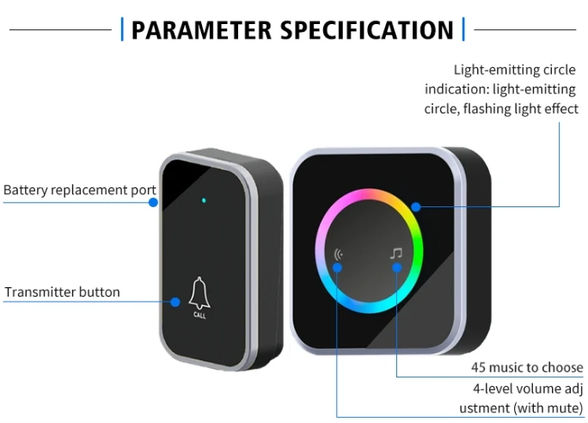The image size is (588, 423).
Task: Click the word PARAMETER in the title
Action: coord(201,30)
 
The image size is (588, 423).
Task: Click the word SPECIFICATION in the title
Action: coord(368,30)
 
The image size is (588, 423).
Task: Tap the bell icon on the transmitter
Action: coord(199,294)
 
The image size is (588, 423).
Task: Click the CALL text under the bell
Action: coord(199,315)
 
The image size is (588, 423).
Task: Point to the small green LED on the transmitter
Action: coord(204,200)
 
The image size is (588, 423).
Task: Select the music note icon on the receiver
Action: coord(396,254)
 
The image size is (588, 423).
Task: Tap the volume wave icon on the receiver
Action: coord(338,254)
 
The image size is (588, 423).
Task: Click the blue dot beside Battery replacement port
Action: coord(153,203)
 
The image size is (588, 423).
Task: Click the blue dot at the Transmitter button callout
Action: coord(175,302)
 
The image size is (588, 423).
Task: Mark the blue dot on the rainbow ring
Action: coord(415,206)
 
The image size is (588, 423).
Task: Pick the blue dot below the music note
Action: coord(397,267)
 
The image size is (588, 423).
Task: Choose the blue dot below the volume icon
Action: coord(337,267)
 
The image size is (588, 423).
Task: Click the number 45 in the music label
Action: coord(479,367)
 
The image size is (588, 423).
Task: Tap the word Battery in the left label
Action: coord(26,190)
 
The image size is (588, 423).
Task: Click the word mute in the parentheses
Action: coord(562,408)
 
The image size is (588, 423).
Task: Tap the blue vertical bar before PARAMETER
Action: coord(122,29)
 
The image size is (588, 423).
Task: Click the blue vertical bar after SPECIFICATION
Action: coord(463,29)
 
